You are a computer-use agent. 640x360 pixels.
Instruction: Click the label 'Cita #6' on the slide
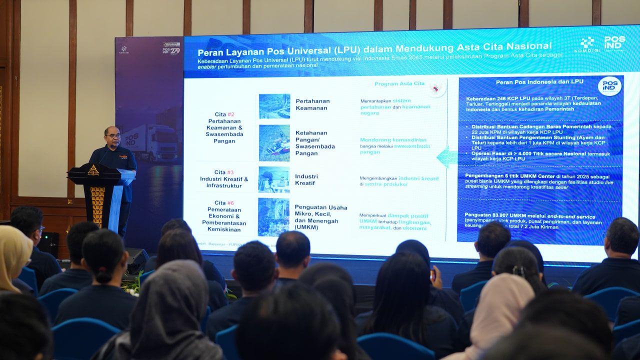coord(223,203)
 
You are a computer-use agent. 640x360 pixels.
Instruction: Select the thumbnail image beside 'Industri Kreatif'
coord(274,179)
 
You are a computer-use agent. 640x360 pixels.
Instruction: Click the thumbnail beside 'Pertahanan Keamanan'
coord(274,106)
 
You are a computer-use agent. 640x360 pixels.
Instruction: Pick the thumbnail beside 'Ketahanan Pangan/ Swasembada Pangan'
coord(274,143)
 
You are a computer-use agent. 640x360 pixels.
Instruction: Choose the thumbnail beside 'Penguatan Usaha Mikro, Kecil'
coord(273,216)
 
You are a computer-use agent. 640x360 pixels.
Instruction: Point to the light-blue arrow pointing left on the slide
coord(446,156)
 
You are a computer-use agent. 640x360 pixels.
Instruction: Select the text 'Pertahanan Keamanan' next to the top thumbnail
coord(312,104)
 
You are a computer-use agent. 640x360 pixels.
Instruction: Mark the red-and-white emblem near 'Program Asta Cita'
coord(437,88)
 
